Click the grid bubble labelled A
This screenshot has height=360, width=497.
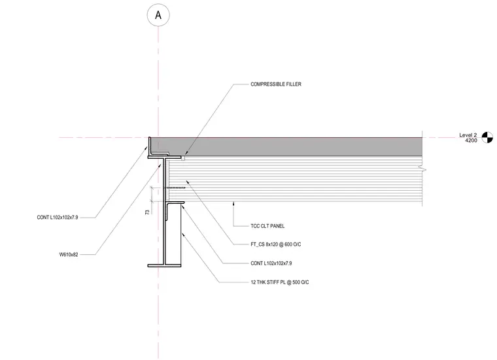pyautogui.click(x=158, y=15)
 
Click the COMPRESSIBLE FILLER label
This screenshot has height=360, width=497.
pyautogui.click(x=276, y=84)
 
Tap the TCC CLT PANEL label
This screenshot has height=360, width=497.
pyautogui.click(x=267, y=226)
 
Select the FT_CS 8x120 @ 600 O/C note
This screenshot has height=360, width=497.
pyautogui.click(x=276, y=244)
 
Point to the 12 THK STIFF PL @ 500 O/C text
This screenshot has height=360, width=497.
pyautogui.click(x=280, y=282)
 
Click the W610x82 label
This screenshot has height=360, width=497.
pyautogui.click(x=69, y=255)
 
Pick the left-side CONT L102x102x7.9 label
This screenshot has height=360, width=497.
pyautogui.click(x=58, y=218)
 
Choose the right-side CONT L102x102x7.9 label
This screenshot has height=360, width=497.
pyautogui.click(x=271, y=263)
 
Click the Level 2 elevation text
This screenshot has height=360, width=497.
pyautogui.click(x=468, y=135)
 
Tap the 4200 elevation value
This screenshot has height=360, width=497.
pyautogui.click(x=471, y=140)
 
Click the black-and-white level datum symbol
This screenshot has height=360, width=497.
pyautogui.click(x=487, y=137)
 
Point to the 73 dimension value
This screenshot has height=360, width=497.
pyautogui.click(x=147, y=212)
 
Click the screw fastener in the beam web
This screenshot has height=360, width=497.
pyautogui.click(x=175, y=188)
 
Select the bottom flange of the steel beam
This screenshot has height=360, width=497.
pyautogui.click(x=165, y=266)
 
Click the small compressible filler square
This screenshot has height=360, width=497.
pyautogui.click(x=183, y=158)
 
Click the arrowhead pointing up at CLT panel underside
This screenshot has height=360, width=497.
pyautogui.click(x=233, y=204)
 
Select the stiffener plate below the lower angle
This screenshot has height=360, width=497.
pyautogui.click(x=176, y=234)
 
